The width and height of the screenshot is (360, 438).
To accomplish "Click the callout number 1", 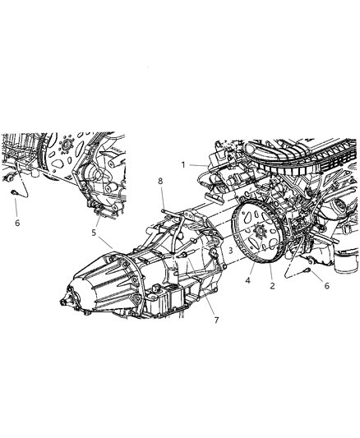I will tap(183, 164).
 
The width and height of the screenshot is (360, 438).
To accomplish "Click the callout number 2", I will tap(272, 285).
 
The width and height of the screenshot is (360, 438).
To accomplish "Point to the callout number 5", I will tap(94, 233).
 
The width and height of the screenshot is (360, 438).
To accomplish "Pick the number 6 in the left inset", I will tap(16, 222).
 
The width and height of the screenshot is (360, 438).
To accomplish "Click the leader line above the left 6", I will tap(16, 206).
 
